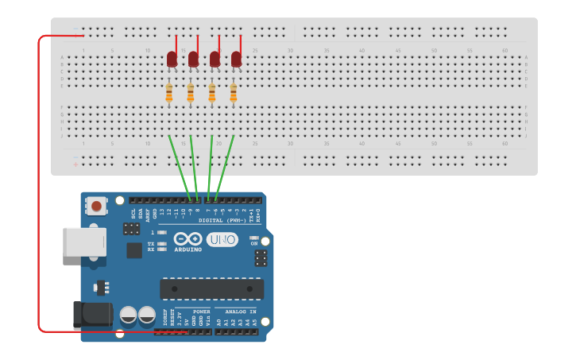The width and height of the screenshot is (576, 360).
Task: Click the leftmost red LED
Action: tap(172, 59)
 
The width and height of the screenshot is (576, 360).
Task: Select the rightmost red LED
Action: tap(236, 59)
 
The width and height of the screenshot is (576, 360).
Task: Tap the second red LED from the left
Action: tap(193, 59)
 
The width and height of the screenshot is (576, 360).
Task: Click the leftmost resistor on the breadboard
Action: tap(168, 93)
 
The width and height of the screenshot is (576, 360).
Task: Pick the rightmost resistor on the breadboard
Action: tap(233, 93)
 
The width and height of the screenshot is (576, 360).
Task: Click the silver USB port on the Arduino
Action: tap(84, 242)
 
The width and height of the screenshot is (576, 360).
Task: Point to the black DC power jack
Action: tap(92, 313)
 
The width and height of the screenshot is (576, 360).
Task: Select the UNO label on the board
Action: tap(222, 239)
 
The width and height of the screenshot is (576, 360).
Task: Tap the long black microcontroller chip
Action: tap(211, 288)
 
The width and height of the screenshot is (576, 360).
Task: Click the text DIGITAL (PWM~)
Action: tap(222, 220)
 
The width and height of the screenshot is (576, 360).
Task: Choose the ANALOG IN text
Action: tap(241, 312)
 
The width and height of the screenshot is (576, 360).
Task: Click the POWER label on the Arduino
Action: tap(201, 312)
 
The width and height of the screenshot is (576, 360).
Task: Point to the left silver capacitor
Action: tap(129, 316)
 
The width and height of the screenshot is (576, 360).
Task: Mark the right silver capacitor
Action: tap(147, 316)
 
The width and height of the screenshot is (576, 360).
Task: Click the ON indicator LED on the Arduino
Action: tap(253, 238)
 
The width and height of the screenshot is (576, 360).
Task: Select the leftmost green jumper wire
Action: tap(179, 166)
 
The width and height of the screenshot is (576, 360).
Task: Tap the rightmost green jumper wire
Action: tap(225, 166)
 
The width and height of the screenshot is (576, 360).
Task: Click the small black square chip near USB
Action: tap(134, 250)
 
